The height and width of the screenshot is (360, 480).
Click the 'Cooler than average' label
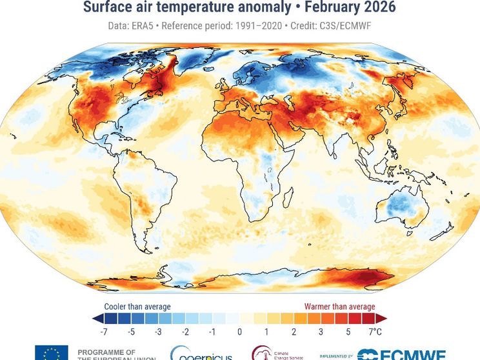[137, 306]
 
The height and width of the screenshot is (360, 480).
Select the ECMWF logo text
[410, 354]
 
